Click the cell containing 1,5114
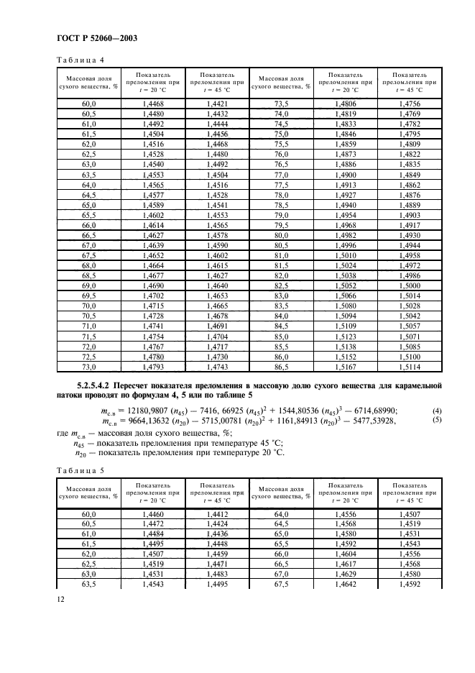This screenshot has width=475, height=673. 408,368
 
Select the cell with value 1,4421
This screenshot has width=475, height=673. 216,104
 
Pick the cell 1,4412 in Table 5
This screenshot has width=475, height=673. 216,515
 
